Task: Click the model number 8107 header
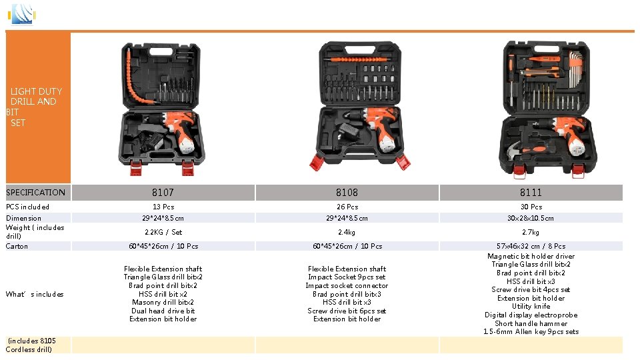(x=163, y=193)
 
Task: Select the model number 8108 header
(x=347, y=193)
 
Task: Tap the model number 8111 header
(x=531, y=193)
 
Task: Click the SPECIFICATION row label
(x=36, y=193)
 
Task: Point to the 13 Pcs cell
(x=163, y=207)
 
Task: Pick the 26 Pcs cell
(x=347, y=207)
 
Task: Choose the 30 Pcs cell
(x=531, y=207)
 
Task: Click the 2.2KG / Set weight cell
(x=163, y=232)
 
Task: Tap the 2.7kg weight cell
(x=531, y=232)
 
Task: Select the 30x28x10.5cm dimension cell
(x=531, y=218)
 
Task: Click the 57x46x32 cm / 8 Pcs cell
(x=531, y=246)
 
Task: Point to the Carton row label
(x=17, y=247)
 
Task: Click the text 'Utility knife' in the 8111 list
(x=531, y=307)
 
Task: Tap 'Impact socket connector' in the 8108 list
(x=347, y=286)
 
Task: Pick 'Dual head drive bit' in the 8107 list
(x=163, y=311)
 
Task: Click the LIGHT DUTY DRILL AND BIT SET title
(x=35, y=107)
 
